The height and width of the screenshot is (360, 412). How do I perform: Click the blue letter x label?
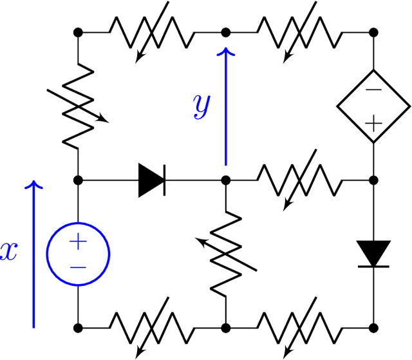click(x=8, y=251)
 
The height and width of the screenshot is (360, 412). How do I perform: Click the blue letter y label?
click(x=201, y=106)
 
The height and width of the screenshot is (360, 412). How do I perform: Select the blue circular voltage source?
click(x=78, y=253)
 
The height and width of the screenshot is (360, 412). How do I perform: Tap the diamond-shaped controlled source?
click(x=374, y=106)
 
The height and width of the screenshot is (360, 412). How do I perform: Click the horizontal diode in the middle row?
click(x=152, y=180)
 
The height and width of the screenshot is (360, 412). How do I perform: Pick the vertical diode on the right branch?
click(x=374, y=253)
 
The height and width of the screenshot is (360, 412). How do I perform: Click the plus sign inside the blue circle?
click(x=78, y=242)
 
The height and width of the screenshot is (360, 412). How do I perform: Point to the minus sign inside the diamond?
click(x=374, y=91)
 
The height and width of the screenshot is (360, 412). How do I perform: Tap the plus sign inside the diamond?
click(x=374, y=122)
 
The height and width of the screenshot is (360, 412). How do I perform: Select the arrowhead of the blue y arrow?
click(x=226, y=54)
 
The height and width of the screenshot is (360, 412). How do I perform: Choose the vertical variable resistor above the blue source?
click(x=78, y=106)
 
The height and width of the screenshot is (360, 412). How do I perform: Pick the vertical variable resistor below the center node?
click(x=226, y=253)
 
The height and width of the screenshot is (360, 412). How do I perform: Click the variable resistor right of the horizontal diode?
click(x=300, y=180)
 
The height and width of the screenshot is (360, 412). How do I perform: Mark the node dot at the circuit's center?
click(x=226, y=180)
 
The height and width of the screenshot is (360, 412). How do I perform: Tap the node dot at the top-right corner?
click(x=374, y=32)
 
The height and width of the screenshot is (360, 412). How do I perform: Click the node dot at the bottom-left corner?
click(x=78, y=327)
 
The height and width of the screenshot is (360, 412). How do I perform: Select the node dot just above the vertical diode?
click(x=374, y=180)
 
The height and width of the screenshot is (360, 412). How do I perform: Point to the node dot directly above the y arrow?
click(x=226, y=32)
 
